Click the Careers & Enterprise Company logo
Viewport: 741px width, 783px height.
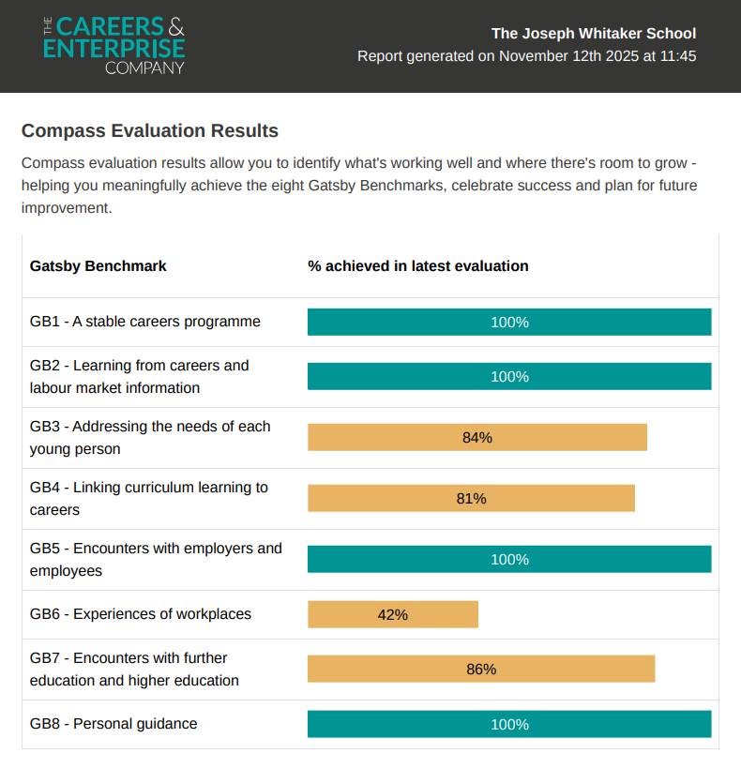pos(114,44)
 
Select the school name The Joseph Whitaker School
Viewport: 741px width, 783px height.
pos(594,34)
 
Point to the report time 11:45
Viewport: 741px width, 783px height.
pos(677,56)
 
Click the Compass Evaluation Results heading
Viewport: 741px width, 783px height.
pos(150,130)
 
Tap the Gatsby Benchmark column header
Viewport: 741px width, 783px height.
pos(98,266)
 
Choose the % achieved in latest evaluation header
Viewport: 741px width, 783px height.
pos(418,266)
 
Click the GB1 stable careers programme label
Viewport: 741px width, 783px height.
pos(145,322)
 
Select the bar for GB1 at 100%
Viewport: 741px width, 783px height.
pos(509,322)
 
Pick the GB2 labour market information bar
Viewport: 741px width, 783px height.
pos(509,376)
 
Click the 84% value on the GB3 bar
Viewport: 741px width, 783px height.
pos(477,437)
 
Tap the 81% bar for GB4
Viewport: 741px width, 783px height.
pos(471,498)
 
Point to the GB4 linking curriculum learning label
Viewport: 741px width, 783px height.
pos(149,499)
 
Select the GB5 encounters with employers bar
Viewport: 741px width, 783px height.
pos(509,559)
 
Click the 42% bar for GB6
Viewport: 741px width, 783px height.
pos(393,614)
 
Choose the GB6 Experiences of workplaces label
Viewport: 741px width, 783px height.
pos(141,614)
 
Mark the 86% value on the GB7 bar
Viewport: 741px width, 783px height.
pos(481,669)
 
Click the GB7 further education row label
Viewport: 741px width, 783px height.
pos(134,670)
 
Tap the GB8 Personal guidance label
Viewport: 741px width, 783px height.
pos(113,724)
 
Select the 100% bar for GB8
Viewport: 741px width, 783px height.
pos(509,724)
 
